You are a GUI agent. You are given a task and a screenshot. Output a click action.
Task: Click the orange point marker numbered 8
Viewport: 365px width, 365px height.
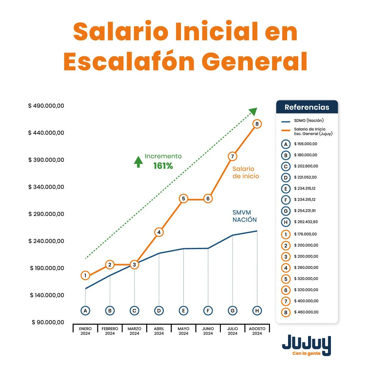tap(257, 124)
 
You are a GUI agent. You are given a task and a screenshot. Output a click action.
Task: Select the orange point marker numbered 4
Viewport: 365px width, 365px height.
tap(159, 232)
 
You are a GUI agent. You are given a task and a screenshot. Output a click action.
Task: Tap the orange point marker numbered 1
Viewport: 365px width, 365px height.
tap(85, 276)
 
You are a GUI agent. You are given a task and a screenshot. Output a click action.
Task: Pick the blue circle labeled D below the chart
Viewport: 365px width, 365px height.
tap(159, 311)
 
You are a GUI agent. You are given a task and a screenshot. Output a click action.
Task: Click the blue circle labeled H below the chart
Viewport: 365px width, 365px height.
tap(257, 311)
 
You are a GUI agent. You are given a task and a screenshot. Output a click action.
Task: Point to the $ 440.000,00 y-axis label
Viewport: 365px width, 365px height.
tap(46, 133)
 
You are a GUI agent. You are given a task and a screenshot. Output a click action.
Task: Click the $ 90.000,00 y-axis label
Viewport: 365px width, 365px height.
tap(48, 322)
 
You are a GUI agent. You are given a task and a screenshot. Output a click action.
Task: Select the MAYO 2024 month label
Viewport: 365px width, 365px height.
tap(183, 331)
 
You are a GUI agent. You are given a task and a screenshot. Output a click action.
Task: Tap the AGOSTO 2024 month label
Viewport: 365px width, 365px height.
tap(257, 331)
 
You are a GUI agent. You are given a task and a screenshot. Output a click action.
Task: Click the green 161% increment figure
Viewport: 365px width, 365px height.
tap(163, 166)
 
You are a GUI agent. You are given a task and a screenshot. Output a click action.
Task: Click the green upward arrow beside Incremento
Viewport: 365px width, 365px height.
tap(138, 162)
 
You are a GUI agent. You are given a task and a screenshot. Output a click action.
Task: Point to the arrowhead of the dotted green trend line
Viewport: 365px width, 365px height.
tap(253, 111)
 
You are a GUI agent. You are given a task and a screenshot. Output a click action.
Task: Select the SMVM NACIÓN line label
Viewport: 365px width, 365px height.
tap(245, 216)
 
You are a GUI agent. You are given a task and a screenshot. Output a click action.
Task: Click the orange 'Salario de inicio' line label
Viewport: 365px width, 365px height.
tap(246, 172)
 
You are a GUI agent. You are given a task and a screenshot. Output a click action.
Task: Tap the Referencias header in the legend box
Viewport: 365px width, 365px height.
tap(307, 107)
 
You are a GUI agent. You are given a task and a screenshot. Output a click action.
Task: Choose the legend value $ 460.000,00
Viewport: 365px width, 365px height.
tap(306, 312)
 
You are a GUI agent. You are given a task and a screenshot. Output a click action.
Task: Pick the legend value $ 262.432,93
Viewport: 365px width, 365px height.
tap(306, 222)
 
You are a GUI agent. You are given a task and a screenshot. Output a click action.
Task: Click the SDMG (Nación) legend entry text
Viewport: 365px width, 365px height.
tap(309, 120)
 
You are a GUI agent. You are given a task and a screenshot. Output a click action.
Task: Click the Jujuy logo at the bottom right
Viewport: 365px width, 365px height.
tap(306, 345)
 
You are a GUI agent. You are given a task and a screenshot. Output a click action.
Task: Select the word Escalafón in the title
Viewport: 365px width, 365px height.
tap(129, 62)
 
